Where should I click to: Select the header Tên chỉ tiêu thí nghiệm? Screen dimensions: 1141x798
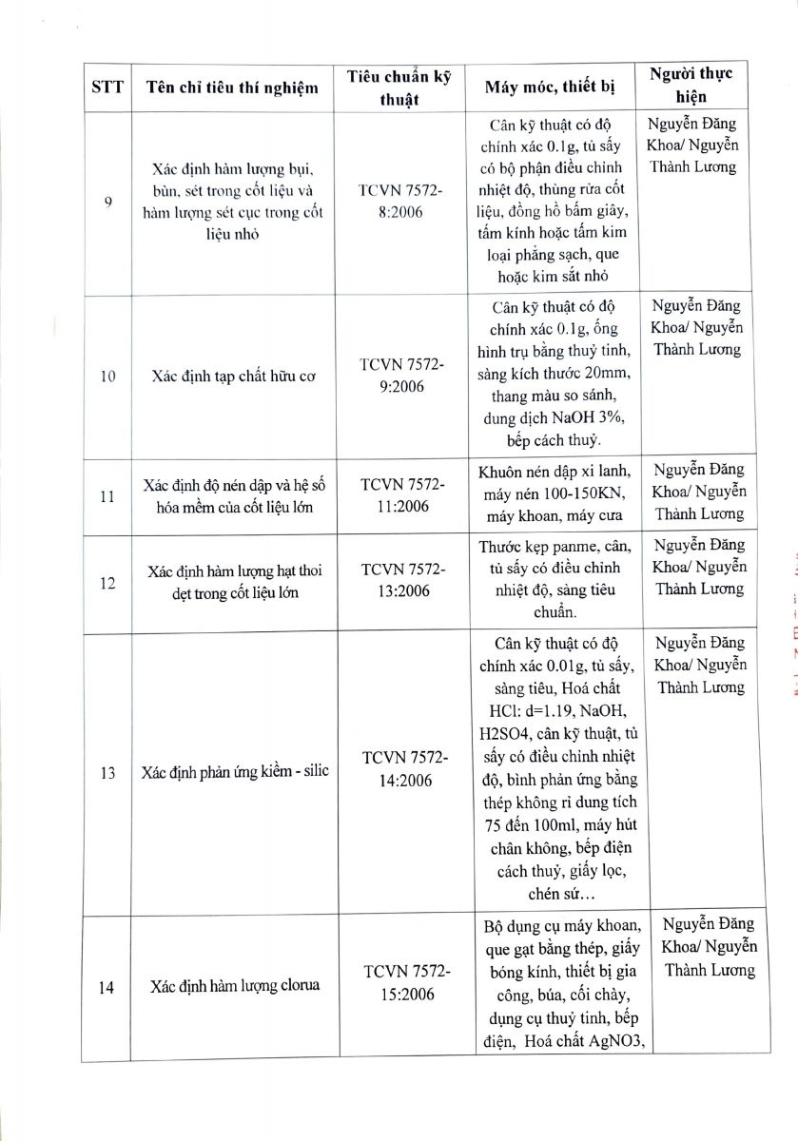click(232, 88)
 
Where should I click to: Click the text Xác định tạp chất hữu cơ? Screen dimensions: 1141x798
click(234, 376)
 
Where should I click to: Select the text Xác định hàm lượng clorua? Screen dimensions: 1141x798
click(235, 985)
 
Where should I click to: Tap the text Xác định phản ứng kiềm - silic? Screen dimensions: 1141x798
click(238, 770)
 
